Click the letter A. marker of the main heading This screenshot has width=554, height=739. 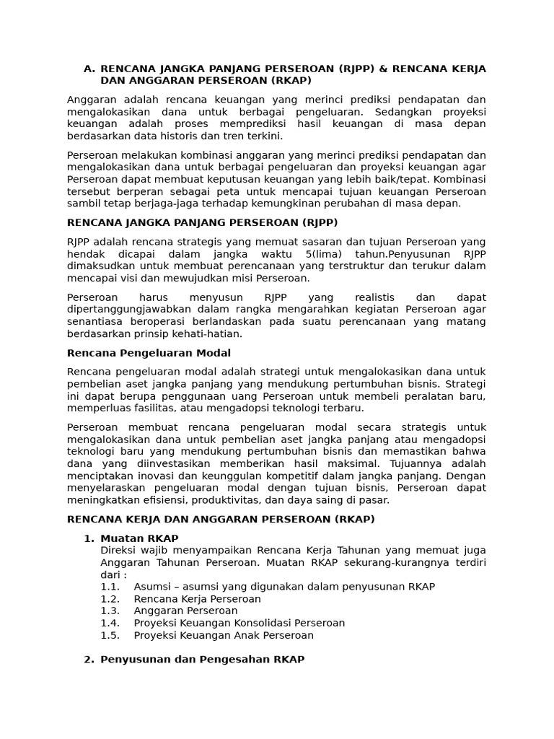(x=89, y=69)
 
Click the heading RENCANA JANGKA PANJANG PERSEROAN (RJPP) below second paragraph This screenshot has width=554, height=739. (x=202, y=222)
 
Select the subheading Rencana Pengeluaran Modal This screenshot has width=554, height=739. (x=149, y=353)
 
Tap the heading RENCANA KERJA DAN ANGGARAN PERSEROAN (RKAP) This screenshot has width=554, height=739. (x=221, y=519)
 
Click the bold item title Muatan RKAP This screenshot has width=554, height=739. (x=139, y=538)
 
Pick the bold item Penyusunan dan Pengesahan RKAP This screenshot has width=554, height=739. (x=202, y=659)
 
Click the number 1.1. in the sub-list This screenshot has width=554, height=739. (x=110, y=587)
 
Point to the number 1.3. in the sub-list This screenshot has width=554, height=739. (x=110, y=611)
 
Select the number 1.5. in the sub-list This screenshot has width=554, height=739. (x=110, y=635)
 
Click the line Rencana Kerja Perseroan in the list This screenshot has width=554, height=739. (x=197, y=599)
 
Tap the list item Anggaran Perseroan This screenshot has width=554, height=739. (x=185, y=611)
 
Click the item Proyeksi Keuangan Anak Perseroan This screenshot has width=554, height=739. (x=224, y=635)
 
